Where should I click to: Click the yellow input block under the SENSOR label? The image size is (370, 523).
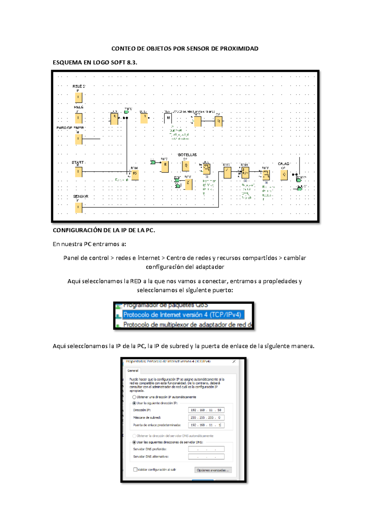79,208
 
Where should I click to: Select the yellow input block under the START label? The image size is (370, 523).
79,172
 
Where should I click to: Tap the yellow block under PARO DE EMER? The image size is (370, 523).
79,139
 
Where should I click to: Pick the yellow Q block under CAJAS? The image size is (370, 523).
284,175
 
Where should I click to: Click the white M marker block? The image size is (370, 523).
168,118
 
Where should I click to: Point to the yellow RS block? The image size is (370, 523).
135,175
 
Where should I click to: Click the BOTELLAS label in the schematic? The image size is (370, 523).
187,155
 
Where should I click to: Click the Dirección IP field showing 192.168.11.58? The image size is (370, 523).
206,410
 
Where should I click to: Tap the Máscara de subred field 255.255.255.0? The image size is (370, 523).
206,418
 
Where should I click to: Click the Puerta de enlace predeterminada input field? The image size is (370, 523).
206,425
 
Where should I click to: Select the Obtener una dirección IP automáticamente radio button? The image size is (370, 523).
134,397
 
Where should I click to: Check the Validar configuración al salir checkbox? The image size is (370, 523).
135,470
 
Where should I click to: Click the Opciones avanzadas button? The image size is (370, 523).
213,470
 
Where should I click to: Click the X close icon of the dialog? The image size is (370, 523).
234,361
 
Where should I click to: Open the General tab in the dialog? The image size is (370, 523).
133,371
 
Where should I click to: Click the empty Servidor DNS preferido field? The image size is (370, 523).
206,449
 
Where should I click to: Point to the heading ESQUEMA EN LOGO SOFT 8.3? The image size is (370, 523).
95,62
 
